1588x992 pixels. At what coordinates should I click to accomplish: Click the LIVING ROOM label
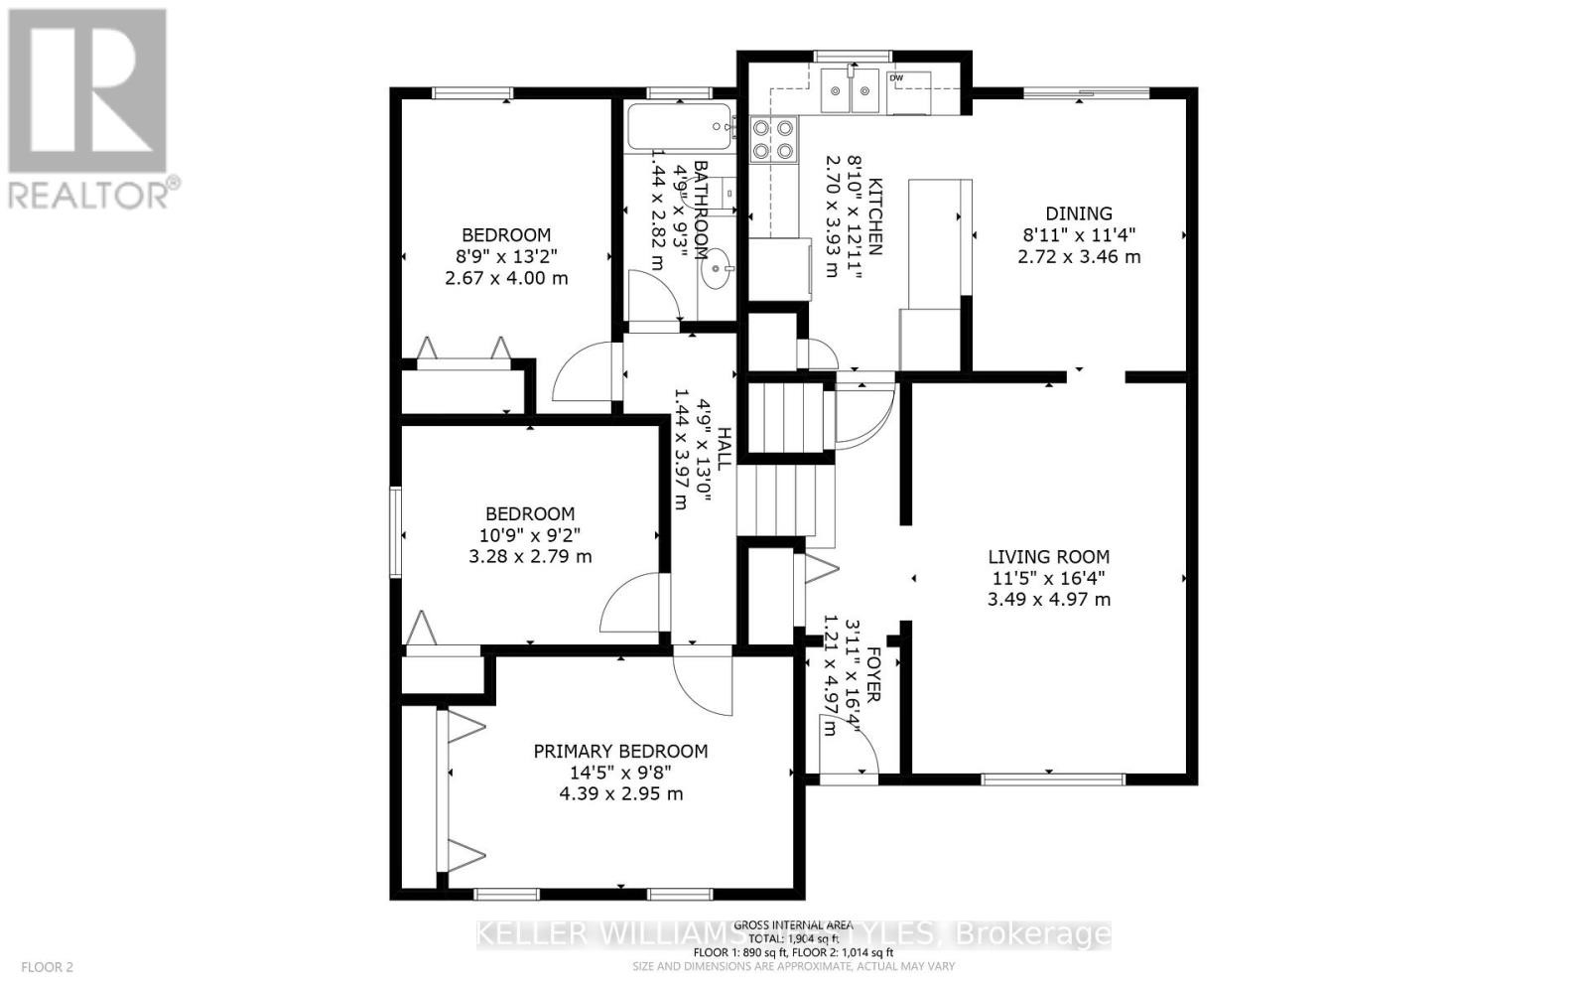(x=1048, y=557)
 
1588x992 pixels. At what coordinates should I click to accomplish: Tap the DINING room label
(x=1079, y=213)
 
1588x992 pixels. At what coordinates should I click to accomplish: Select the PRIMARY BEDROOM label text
(x=620, y=752)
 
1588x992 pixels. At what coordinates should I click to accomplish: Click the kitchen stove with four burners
(x=774, y=139)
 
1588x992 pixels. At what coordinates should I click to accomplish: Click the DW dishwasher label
(x=896, y=77)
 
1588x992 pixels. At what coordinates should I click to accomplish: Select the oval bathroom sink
(x=717, y=269)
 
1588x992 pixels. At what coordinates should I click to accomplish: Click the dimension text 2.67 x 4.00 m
(x=506, y=278)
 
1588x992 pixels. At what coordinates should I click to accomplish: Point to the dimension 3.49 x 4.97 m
(x=1048, y=600)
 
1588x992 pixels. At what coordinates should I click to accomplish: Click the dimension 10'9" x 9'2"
(x=529, y=535)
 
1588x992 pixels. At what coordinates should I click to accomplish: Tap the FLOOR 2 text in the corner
(x=48, y=966)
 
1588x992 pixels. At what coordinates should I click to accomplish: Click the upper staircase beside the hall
(x=786, y=418)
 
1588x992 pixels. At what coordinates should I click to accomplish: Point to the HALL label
(x=725, y=449)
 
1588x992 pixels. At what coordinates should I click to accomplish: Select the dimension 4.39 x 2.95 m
(x=620, y=794)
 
